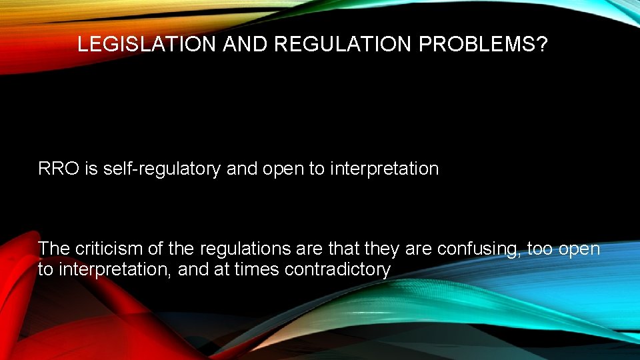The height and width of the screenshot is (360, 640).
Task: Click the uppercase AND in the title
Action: [245, 45]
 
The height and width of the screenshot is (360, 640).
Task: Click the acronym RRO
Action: [59, 169]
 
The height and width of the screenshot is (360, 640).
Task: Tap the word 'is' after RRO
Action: [91, 169]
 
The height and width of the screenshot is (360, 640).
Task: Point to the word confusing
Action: [477, 249]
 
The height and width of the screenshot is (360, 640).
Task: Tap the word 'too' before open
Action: [540, 249]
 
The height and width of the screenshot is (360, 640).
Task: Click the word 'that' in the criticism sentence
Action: [345, 249]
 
